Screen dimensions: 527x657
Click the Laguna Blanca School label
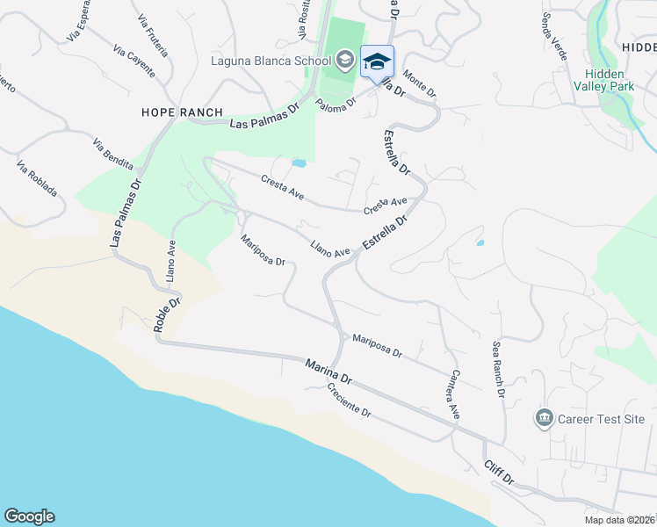point(270,61)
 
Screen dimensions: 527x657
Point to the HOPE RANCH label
point(183,112)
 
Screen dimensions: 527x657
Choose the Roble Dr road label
point(167,314)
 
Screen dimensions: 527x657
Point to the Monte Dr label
point(420,85)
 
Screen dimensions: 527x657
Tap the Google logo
point(29,516)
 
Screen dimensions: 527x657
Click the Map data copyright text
point(620,520)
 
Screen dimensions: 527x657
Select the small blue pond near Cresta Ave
point(299,163)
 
